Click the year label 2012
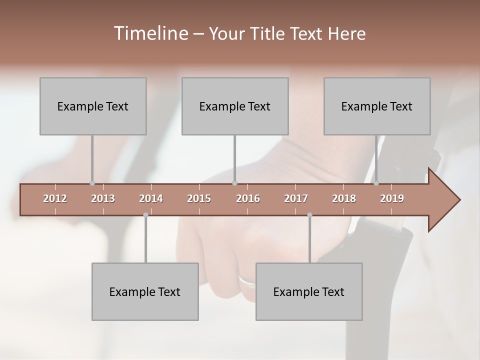coord(55,198)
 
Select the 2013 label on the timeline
coord(103,198)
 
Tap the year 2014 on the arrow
coord(151,198)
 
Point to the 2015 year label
coord(199,198)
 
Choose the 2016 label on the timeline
coord(248,198)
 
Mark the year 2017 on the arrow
coord(296,198)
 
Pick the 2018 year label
coord(344,198)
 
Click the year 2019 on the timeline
coord(392,198)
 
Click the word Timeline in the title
coord(149,33)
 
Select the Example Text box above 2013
coord(93,106)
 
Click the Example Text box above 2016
coord(235,106)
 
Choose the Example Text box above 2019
coord(377,106)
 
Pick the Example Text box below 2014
coord(145,291)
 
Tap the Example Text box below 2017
coord(309,291)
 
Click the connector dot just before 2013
coord(92,183)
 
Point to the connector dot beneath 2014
coord(145,215)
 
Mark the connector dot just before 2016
coord(234,183)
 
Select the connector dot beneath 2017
coord(309,215)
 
